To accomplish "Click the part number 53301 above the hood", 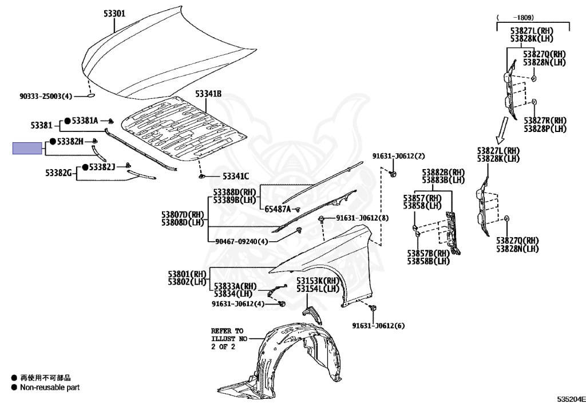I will coord(114,13).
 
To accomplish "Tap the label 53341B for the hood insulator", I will coord(208,94).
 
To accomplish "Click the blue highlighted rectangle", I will coord(27,149).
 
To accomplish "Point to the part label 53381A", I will coord(85,121).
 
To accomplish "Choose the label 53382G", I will coord(58,172).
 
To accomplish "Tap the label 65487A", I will coord(278,209).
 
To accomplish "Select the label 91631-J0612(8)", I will coord(362,218).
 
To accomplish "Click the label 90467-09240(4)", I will coord(241,241).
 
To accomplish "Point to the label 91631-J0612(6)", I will coord(378,326).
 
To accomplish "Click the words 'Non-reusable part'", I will coord(50,387).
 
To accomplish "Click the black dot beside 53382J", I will coord(84,167).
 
